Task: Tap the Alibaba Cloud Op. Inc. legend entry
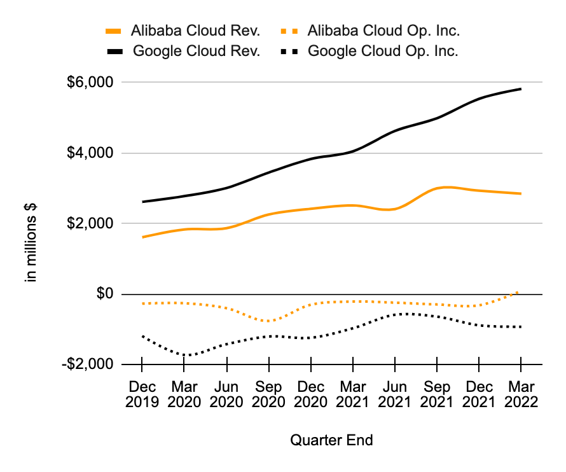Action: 369,30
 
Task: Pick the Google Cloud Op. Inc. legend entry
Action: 369,51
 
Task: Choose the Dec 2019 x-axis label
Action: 142,394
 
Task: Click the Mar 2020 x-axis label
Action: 184,394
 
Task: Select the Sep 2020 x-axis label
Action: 268,394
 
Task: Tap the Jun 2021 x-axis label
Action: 395,394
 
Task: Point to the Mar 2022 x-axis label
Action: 521,394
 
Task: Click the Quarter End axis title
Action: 331,440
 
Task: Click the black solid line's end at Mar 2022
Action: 521,89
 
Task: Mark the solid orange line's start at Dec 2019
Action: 142,237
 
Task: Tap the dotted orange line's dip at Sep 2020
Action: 270,321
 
